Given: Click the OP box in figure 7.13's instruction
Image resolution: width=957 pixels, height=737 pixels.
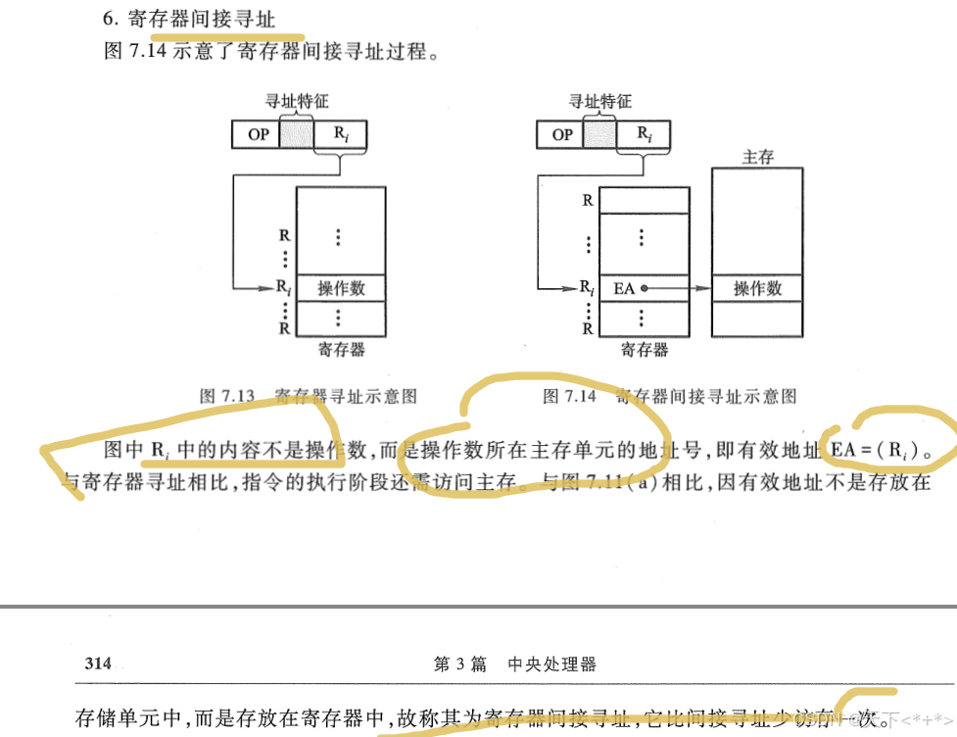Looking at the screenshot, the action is tap(257, 134).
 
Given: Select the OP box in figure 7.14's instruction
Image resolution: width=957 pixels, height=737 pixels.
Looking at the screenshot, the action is tap(561, 134).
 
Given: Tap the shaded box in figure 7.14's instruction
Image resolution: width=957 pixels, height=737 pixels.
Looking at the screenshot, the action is tap(599, 134).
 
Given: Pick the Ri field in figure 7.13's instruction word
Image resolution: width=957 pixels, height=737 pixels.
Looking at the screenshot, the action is tap(341, 134).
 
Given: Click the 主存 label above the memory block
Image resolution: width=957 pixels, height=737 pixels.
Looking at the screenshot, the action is tap(758, 157).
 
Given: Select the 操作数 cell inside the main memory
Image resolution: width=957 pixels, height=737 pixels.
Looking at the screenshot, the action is tap(757, 288).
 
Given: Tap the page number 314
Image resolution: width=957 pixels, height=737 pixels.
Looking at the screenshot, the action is tap(98, 663).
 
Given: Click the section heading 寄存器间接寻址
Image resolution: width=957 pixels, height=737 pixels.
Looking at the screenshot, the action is tap(202, 19).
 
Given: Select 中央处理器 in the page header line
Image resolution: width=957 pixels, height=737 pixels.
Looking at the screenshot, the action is tap(551, 663).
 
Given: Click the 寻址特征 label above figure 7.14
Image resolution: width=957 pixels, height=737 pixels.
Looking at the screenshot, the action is tap(600, 101).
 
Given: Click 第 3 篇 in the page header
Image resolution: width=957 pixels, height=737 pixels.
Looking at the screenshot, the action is tap(459, 663).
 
